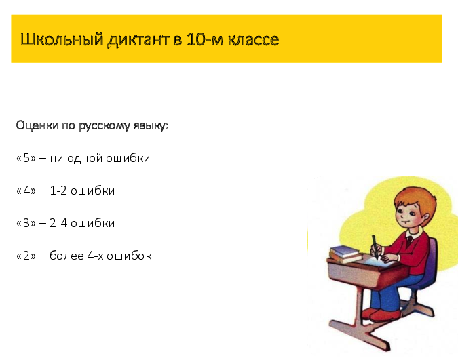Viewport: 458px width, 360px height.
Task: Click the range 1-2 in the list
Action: click(x=58, y=191)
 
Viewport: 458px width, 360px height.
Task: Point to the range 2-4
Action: click(x=58, y=223)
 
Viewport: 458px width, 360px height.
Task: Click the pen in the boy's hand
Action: click(x=374, y=245)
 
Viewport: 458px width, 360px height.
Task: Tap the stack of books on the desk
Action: click(x=344, y=254)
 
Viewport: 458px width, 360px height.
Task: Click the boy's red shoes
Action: click(x=380, y=314)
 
